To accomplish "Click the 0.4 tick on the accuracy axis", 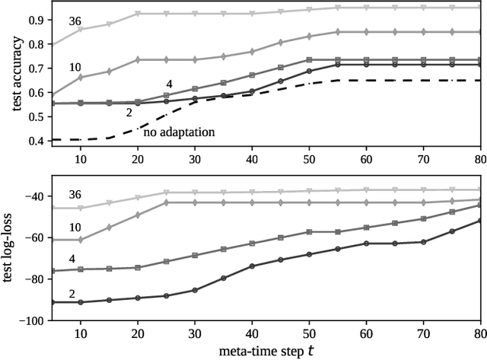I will [35, 141].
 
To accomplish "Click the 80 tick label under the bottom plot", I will [480, 333].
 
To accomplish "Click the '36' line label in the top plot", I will [76, 21].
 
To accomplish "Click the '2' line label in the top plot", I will [130, 113].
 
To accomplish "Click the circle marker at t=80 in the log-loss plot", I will [480, 221].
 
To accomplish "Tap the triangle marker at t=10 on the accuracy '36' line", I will [81, 30].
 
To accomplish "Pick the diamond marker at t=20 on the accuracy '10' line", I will [138, 59].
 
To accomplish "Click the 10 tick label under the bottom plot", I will [81, 333].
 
